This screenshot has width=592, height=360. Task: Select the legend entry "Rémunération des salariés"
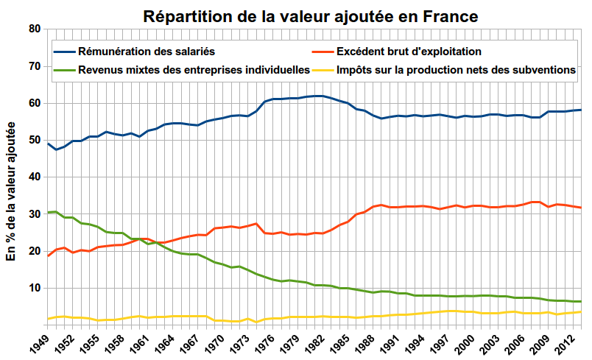click(x=150, y=52)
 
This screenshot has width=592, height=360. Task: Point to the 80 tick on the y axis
click(x=33, y=29)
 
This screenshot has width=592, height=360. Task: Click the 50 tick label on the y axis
click(x=33, y=140)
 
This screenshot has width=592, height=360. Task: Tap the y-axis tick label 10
click(x=33, y=288)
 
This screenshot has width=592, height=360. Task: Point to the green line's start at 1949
click(x=48, y=212)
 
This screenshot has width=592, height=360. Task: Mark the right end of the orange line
click(x=581, y=208)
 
